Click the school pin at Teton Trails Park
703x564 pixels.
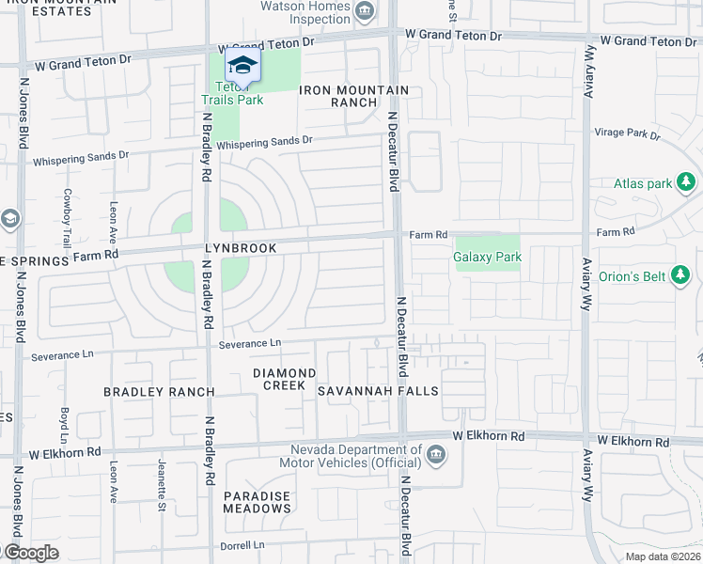(x=242, y=67)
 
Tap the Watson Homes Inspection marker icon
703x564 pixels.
(x=365, y=11)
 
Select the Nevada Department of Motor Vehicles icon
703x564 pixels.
(x=435, y=456)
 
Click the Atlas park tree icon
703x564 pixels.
(x=687, y=182)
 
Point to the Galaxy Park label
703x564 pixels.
(x=487, y=257)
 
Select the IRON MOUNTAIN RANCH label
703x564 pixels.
(x=353, y=96)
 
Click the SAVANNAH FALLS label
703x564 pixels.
(x=378, y=390)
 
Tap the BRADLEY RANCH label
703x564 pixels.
(x=159, y=392)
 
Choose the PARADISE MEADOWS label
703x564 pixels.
(x=257, y=502)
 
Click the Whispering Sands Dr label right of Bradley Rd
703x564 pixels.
(x=264, y=142)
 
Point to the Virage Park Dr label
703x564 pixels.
(x=627, y=133)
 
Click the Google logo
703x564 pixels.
(x=30, y=553)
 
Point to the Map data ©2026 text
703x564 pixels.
(x=662, y=556)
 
